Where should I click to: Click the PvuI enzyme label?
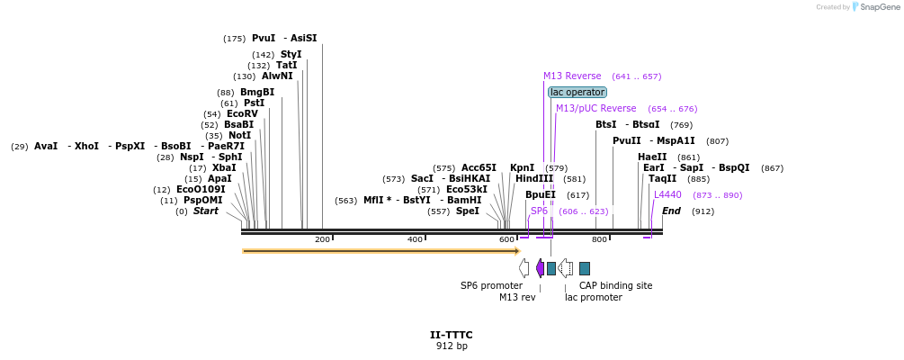264,39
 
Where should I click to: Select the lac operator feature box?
577,92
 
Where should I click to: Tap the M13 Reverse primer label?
572,76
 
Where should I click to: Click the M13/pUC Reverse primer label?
595,109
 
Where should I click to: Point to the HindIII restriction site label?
534,179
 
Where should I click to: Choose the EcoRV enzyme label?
242,114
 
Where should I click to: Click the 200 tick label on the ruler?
322,239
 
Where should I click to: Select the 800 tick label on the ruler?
599,239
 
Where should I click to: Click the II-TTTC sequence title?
451,335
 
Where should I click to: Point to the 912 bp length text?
452,346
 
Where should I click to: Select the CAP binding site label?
615,285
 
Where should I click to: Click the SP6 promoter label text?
491,285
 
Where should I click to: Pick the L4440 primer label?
667,194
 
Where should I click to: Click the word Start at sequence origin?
206,211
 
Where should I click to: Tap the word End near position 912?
671,211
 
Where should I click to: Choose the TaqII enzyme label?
662,179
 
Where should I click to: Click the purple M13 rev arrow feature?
540,268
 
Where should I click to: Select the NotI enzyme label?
240,136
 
